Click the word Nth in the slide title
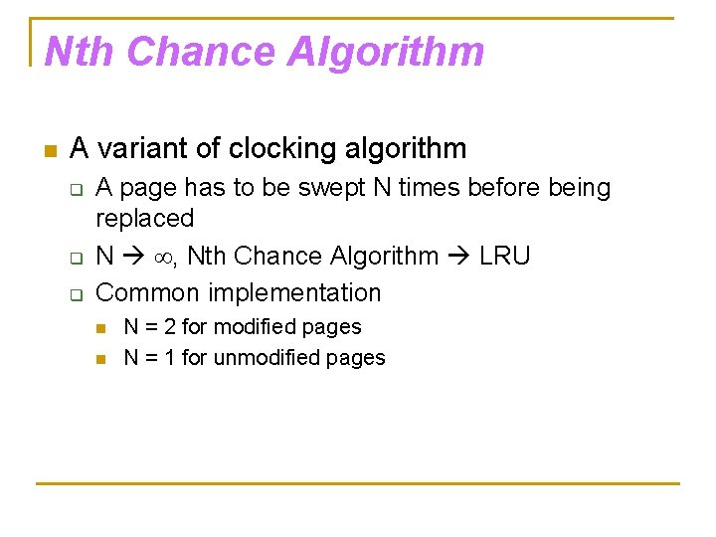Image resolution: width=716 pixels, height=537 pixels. pos(80,52)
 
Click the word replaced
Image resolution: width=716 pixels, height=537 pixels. pos(144,218)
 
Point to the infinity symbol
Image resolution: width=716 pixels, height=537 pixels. pos(163,257)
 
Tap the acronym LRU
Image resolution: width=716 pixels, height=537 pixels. pos(504,256)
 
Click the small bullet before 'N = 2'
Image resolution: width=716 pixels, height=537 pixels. pos(99,328)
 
